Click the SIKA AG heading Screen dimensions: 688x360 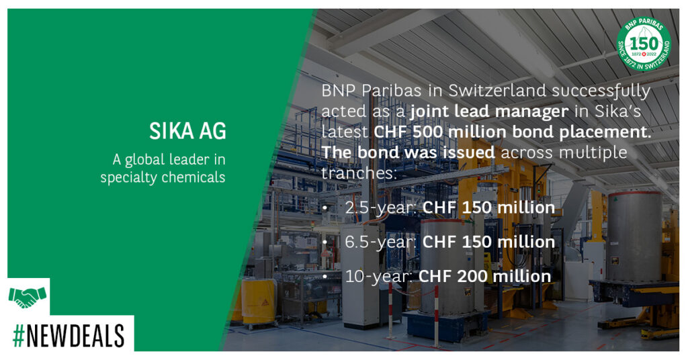[x=187, y=131]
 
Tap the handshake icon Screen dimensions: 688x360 [x=28, y=297]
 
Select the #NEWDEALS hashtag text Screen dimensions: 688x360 [x=69, y=336]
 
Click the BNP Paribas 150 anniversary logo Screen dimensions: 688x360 [x=644, y=44]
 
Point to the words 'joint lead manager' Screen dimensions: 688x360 [x=489, y=111]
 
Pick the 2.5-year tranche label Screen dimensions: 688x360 [x=381, y=208]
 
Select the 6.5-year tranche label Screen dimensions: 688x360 [x=380, y=242]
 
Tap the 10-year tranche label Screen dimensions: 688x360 [x=379, y=276]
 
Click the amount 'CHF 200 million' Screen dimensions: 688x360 [x=485, y=276]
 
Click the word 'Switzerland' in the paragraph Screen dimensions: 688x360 [x=497, y=91]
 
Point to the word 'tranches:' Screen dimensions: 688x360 [x=359, y=173]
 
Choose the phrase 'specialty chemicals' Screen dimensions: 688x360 [x=163, y=177]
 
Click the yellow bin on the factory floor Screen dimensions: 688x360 [x=258, y=302]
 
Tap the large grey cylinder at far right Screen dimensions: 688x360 [x=634, y=237]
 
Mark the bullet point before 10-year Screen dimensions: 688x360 [x=325, y=277]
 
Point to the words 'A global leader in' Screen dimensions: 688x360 [x=169, y=160]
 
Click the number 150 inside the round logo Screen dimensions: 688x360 [x=644, y=44]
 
